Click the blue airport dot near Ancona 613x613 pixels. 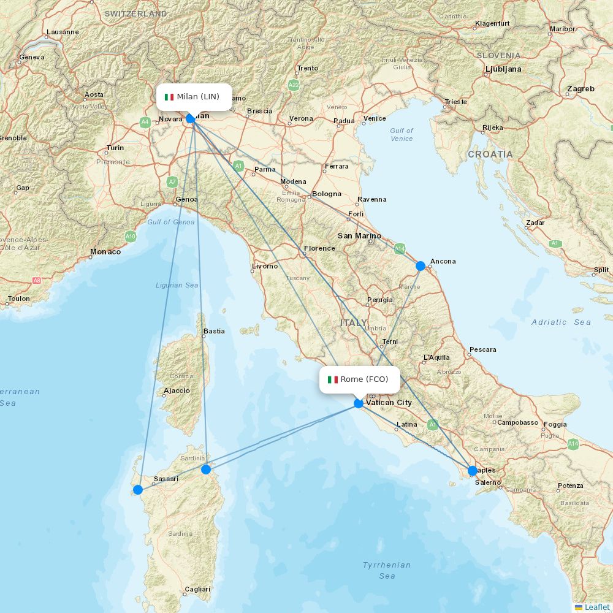421,266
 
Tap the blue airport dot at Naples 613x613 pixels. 472,471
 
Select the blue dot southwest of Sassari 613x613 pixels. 138,489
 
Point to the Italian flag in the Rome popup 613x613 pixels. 333,379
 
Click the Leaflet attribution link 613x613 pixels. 596,607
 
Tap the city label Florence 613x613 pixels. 319,248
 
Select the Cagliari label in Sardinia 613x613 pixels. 197,589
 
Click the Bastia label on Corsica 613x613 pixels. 214,331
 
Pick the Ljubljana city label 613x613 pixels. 503,69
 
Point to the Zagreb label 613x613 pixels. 581,89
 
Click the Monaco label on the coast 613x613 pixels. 105,251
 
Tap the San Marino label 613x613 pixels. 359,236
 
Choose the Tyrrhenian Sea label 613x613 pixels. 387,570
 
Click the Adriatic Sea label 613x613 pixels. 561,322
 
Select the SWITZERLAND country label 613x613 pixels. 135,13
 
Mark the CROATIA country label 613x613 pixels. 490,154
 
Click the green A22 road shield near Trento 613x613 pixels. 294,85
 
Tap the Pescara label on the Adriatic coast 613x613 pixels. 482,350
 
